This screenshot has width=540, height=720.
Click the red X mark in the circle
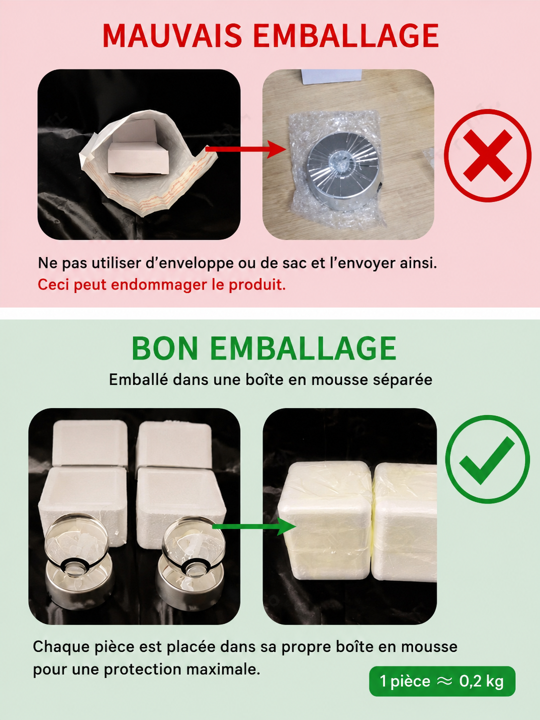[488, 156]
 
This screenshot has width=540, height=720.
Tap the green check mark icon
[487, 460]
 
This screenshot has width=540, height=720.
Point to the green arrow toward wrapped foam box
[254, 527]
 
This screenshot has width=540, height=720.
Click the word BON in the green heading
[165, 349]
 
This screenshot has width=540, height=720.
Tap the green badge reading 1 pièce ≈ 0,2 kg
[443, 681]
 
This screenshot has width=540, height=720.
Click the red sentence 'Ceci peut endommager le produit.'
[162, 284]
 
